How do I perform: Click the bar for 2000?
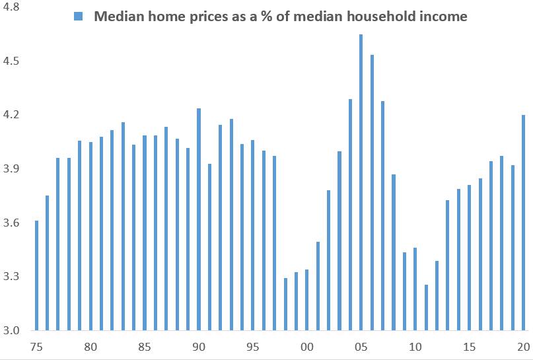pos(306,300)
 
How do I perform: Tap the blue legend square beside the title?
pos(79,17)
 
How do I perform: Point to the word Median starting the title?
pos(115,17)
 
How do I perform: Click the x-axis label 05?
pos(361,347)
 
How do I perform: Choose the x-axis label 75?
pos(37,347)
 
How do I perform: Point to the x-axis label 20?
pos(522,347)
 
